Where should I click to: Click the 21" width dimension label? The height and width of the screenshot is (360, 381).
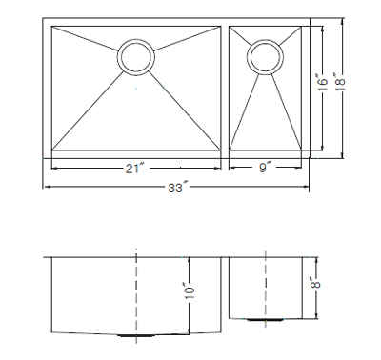click(135, 169)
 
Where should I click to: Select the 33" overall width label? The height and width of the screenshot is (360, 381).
click(177, 188)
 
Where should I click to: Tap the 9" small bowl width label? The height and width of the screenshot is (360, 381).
click(265, 167)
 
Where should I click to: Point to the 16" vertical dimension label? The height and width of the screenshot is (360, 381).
click(322, 83)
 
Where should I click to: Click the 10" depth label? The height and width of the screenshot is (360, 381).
click(190, 290)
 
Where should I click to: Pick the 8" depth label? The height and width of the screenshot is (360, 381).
click(316, 282)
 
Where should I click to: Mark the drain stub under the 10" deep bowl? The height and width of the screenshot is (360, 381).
click(136, 335)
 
